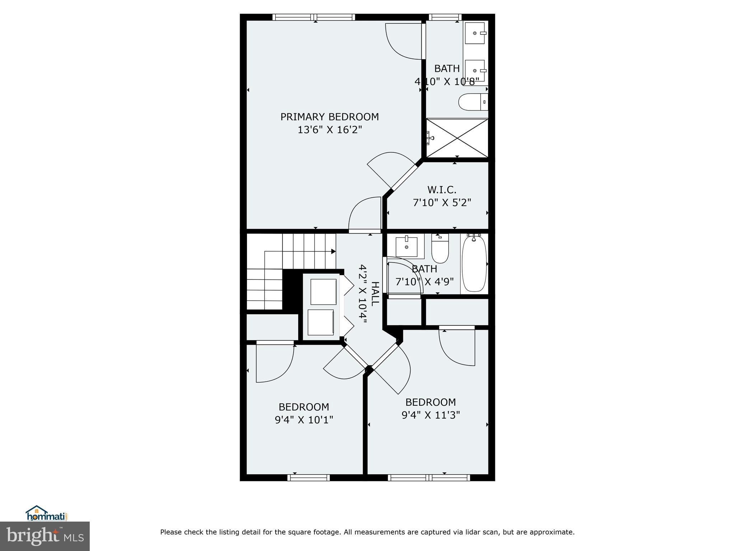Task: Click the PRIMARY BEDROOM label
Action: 329,117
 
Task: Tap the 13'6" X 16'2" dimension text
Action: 329,130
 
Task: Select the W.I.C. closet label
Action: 442,189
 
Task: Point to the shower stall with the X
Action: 457,138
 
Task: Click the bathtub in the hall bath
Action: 474,264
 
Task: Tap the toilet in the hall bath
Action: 440,248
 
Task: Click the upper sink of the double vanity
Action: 475,33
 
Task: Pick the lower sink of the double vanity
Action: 475,71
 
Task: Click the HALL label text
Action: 374,294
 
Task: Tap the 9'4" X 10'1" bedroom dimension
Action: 304,420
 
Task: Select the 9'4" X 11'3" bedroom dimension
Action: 431,415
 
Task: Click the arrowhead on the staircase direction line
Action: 333,251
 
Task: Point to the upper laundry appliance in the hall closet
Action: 323,291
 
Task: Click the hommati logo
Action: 47,514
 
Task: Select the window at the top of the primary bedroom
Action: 314,17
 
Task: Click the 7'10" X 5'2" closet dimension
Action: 442,203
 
